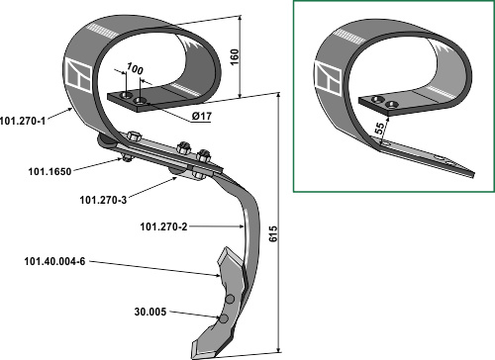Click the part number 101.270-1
(x=23, y=121)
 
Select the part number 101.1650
(x=49, y=171)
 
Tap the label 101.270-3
(x=103, y=200)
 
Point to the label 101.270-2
(x=163, y=226)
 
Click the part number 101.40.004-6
(x=54, y=261)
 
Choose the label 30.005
(x=150, y=312)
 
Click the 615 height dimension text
(x=273, y=233)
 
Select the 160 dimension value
(x=234, y=57)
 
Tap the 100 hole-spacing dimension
(x=135, y=68)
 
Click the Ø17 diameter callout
(x=202, y=116)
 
